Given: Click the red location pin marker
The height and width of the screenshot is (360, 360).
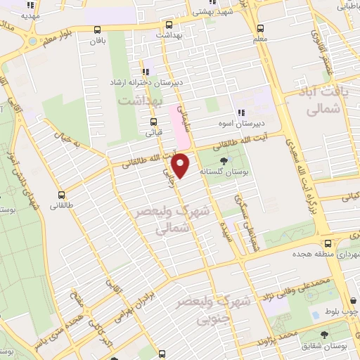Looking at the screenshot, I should pos(181,165).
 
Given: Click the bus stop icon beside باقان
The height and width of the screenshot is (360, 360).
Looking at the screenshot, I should pos(97,30).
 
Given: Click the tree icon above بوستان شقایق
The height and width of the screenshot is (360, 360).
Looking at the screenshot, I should pos(324,335).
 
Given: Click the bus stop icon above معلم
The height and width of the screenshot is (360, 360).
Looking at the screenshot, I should pos(261,29).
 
